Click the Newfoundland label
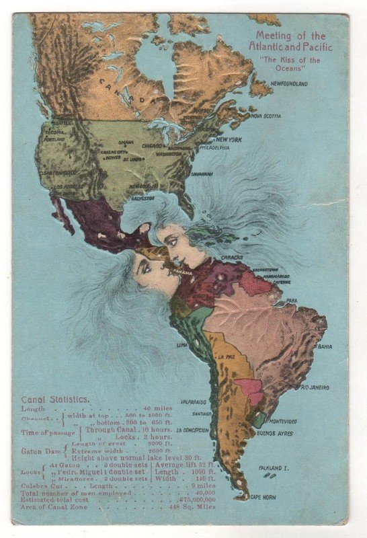(289, 84)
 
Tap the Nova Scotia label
(266, 116)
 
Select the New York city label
(229, 139)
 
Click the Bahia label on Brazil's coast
(325, 347)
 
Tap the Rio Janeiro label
(315, 388)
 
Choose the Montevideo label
(282, 420)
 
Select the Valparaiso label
(193, 401)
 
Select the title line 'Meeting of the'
(290, 36)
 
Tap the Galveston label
(143, 198)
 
